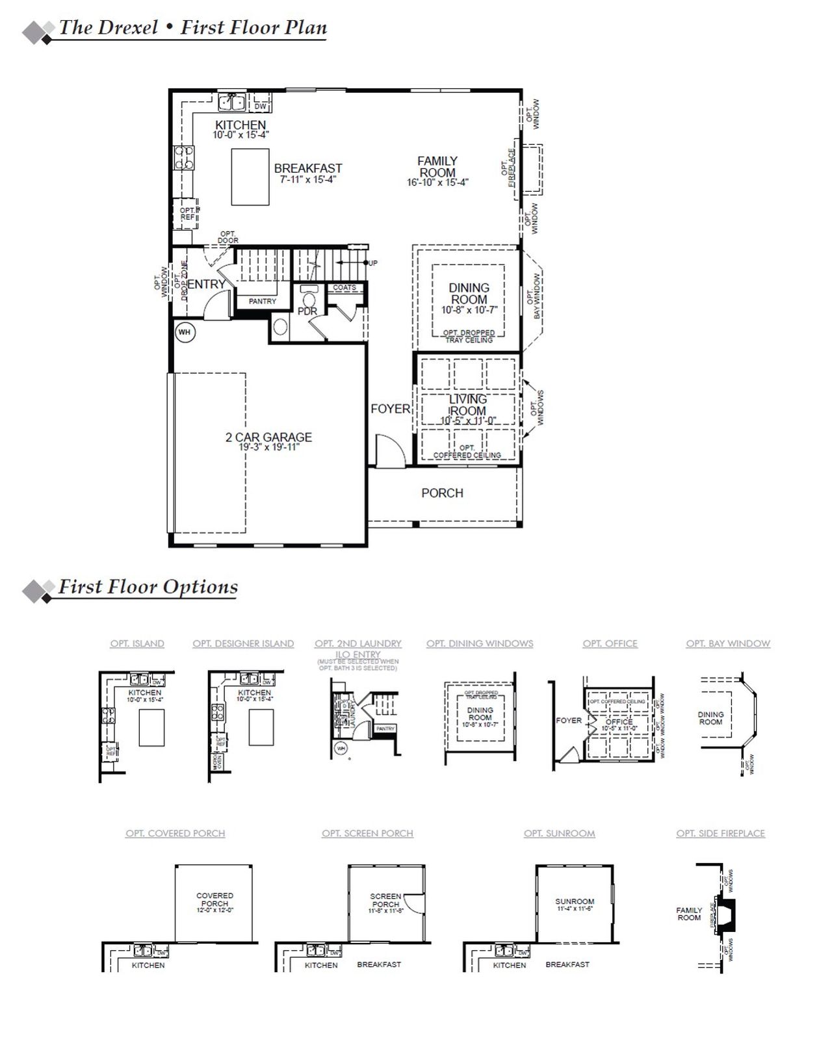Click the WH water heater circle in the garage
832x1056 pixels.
185,333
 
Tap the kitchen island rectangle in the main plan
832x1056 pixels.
250,177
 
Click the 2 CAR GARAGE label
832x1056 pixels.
268,437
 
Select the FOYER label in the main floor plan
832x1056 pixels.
390,409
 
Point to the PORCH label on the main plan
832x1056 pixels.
442,493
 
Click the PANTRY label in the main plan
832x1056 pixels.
263,302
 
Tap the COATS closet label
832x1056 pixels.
344,287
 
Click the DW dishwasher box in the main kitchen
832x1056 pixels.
260,106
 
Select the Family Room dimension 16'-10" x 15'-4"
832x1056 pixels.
437,183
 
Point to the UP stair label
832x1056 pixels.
372,263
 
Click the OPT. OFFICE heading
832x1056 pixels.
610,643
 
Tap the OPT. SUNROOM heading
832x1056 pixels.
559,833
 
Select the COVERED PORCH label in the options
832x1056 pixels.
214,899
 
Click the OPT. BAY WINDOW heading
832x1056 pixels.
727,643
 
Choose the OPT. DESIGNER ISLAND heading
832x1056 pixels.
243,643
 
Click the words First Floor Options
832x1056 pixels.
148,587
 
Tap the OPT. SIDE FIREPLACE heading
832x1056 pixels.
720,833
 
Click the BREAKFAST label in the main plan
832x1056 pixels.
307,168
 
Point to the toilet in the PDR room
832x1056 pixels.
309,300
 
